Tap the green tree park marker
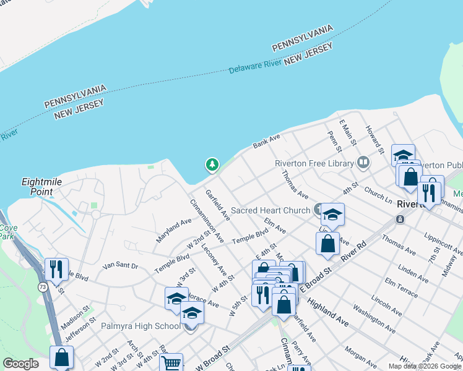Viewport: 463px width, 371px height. pyautogui.click(x=212, y=164)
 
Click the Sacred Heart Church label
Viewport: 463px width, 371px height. pyautogui.click(x=270, y=210)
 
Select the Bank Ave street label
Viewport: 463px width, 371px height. pyautogui.click(x=266, y=141)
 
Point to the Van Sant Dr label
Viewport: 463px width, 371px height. pyautogui.click(x=121, y=265)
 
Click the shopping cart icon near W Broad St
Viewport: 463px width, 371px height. pyautogui.click(x=171, y=364)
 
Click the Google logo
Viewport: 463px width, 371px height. pyautogui.click(x=20, y=364)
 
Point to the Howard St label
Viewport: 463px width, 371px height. pyautogui.click(x=376, y=140)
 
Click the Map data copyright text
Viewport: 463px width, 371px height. pyautogui.click(x=425, y=366)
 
